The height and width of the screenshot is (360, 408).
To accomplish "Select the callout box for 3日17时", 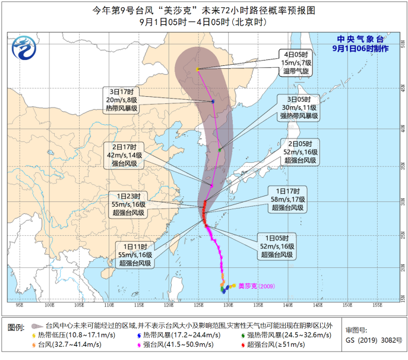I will [122, 100].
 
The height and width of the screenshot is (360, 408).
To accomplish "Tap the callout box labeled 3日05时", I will [299, 108].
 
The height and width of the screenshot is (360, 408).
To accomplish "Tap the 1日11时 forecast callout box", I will [135, 253].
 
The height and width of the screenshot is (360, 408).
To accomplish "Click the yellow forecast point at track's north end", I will [198, 70].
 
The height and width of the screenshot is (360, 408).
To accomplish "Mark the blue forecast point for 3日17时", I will [213, 102].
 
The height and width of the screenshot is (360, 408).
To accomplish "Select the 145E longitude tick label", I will [318, 305].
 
